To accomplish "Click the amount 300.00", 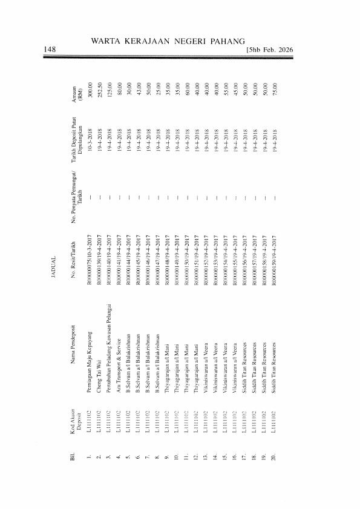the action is click(x=90, y=91).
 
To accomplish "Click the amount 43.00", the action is click(x=138, y=91).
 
